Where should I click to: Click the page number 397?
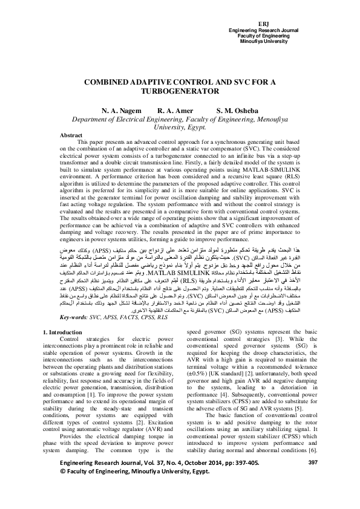(x=312, y=479)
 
